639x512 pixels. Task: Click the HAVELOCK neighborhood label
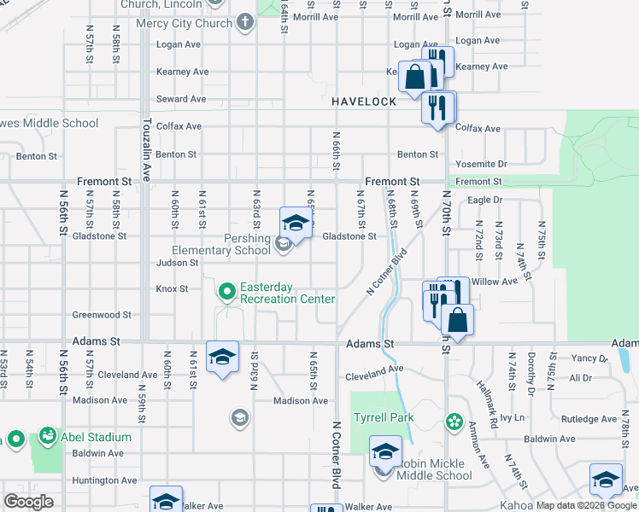(364, 102)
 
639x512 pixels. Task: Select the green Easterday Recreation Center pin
(226, 293)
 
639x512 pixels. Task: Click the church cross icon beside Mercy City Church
(244, 23)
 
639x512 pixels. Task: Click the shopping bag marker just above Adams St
(458, 321)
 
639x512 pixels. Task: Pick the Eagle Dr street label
(486, 200)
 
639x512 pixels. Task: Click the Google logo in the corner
(28, 502)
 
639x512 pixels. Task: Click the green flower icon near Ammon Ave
(454, 422)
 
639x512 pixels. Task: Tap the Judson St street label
(177, 263)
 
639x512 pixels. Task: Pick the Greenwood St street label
(101, 315)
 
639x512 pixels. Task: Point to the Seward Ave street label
(181, 99)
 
